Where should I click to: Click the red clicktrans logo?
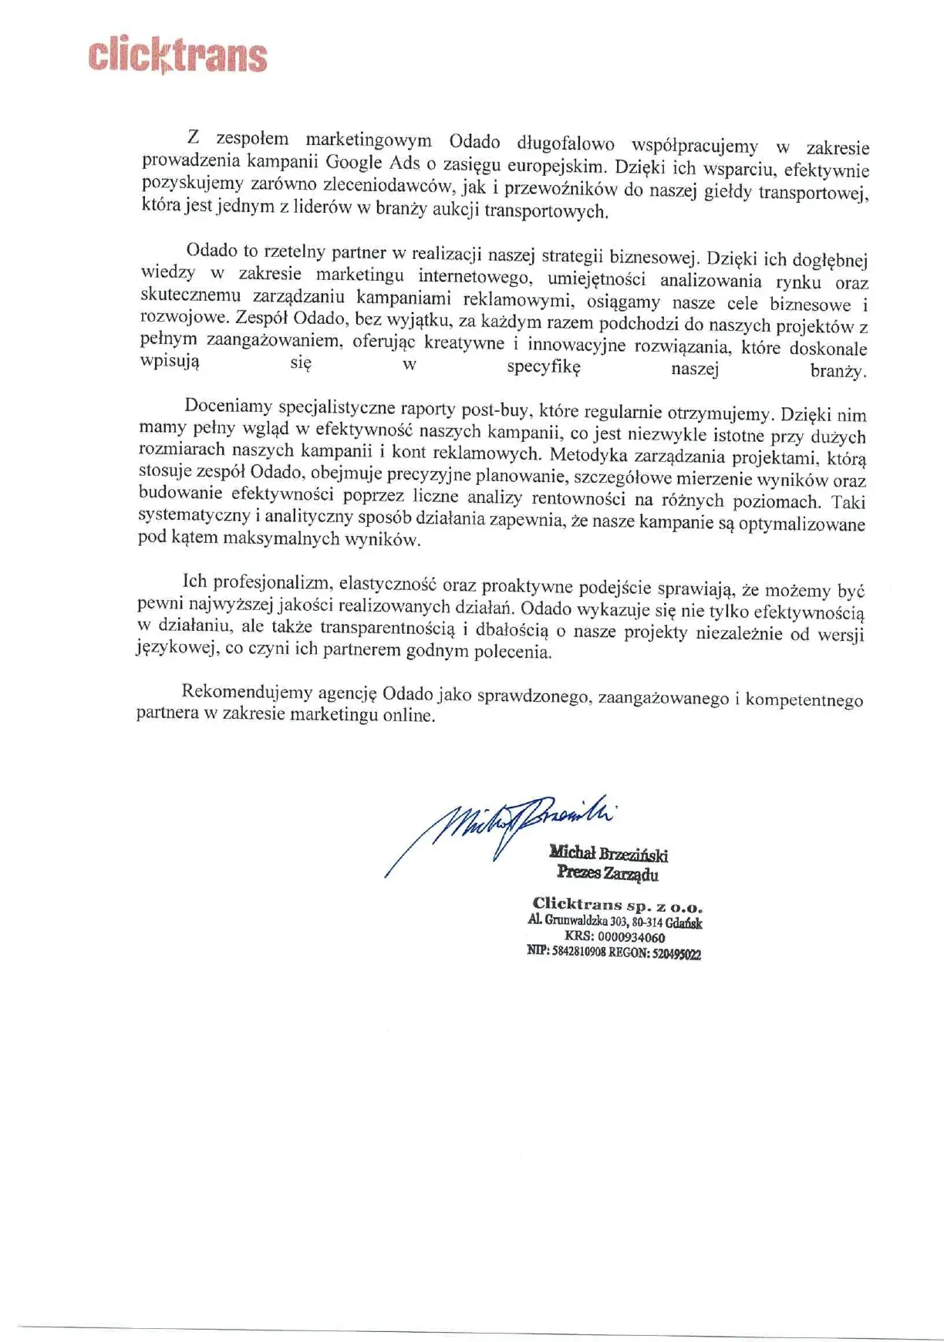[x=178, y=56]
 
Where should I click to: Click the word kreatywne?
[x=464, y=342]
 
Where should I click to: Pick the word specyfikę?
[x=543, y=367]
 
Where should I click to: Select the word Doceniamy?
[x=228, y=406]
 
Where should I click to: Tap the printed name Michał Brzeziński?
[x=609, y=853]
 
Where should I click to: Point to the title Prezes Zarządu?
[x=608, y=873]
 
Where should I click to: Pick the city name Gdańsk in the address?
[x=684, y=922]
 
